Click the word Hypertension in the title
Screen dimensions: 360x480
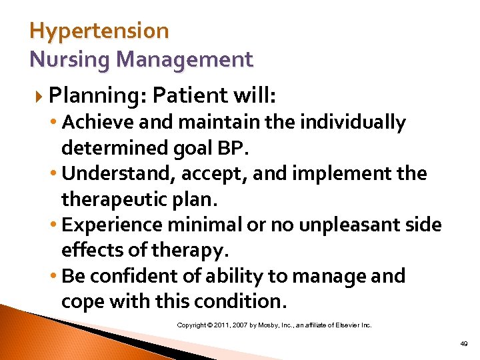tap(99, 31)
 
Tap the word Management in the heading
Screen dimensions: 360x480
tap(185, 59)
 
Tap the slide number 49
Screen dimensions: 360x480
tap(463, 344)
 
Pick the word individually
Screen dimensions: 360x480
tap(353, 123)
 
